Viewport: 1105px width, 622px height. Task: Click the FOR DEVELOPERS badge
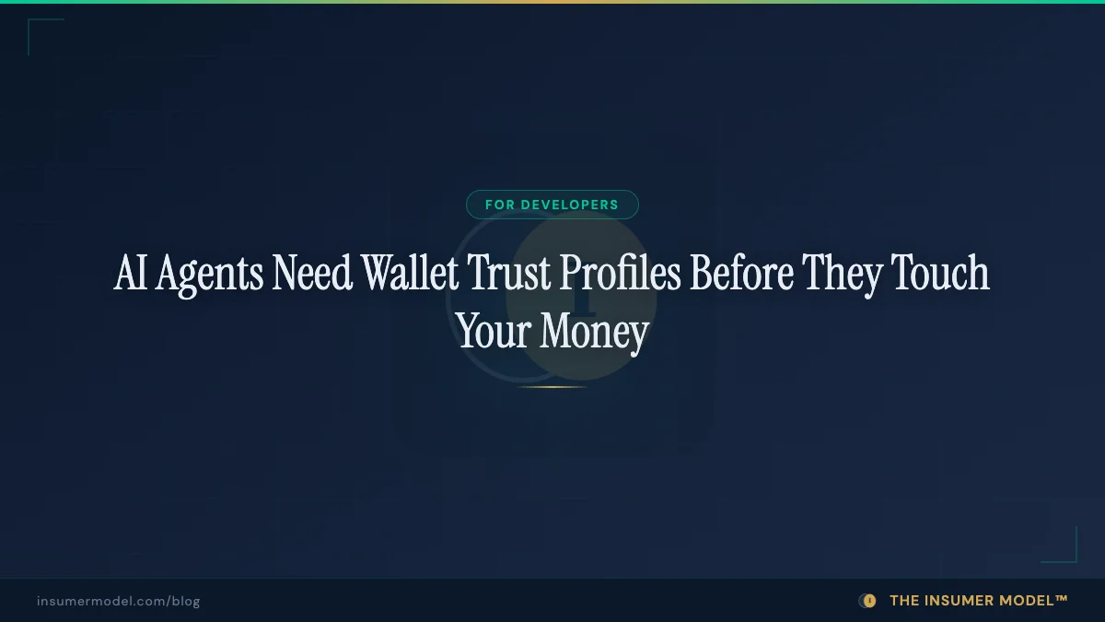coord(552,205)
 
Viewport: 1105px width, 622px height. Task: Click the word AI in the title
coord(131,274)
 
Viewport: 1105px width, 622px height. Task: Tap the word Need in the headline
coord(312,274)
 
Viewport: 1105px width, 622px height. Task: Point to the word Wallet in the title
coord(410,274)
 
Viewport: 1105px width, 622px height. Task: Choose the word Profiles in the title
coord(620,274)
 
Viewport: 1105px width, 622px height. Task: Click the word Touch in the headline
coord(941,274)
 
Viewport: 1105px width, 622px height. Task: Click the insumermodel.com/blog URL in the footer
coord(119,601)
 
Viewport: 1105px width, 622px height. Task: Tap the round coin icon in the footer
coord(867,601)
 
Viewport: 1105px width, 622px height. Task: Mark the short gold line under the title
coord(552,386)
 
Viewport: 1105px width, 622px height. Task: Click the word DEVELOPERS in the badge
coord(569,205)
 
